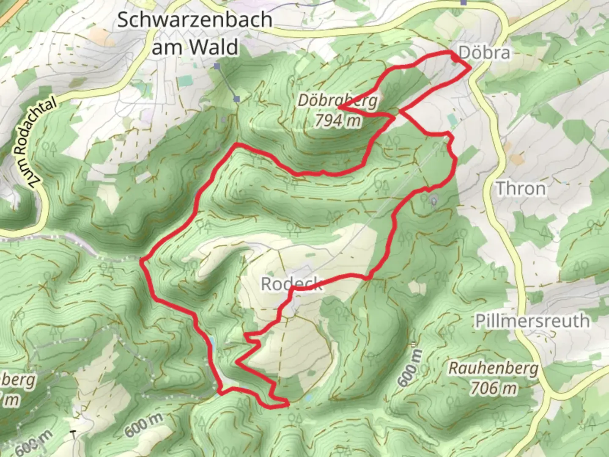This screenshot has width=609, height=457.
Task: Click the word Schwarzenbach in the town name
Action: [195, 20]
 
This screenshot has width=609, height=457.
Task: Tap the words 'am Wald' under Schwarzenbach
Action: [195, 47]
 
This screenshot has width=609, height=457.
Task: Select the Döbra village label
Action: [484, 53]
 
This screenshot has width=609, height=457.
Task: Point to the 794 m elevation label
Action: [337, 121]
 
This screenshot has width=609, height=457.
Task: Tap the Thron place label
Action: [521, 188]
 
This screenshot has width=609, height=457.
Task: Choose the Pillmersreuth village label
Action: [532, 321]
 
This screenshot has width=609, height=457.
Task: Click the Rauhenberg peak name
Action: [493, 368]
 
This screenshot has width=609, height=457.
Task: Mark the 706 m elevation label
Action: [493, 388]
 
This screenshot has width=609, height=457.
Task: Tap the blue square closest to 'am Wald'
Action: [217, 66]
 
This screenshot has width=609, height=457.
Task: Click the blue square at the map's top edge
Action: [464, 2]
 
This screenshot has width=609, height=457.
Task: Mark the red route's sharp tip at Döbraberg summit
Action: [339, 108]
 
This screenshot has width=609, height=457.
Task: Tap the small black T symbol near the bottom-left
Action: [74, 434]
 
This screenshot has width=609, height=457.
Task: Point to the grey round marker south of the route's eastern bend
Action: [434, 200]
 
